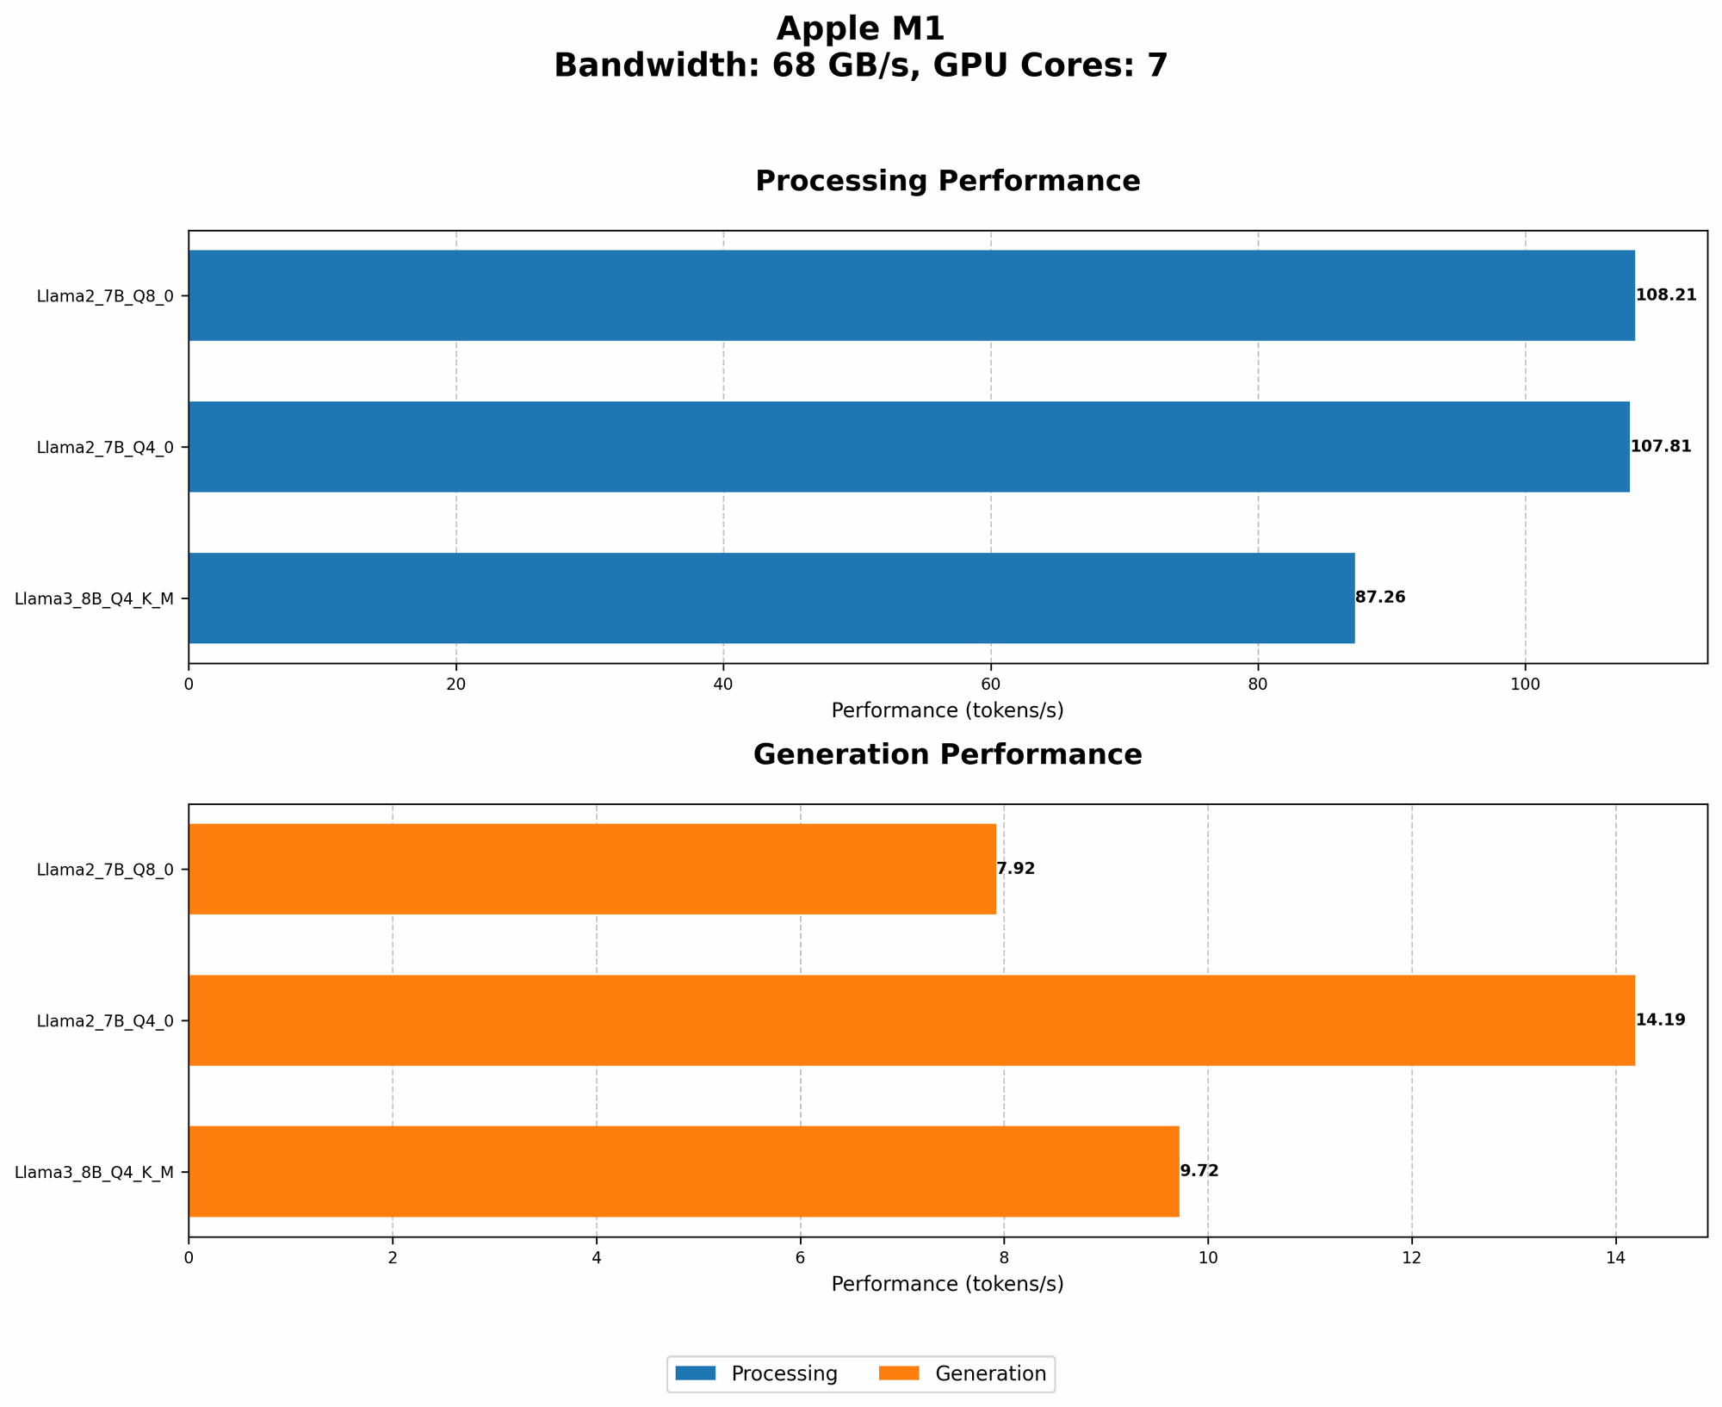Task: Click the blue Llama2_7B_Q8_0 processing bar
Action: (911, 295)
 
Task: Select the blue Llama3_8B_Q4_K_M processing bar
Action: (771, 598)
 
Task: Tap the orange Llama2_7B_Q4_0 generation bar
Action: (911, 1020)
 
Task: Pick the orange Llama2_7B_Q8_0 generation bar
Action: (592, 869)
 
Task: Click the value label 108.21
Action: (1666, 295)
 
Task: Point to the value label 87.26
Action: (1380, 598)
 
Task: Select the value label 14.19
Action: (1660, 1020)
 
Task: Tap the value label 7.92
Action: (1016, 869)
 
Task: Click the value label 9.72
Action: (1199, 1171)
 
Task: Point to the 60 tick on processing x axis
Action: (991, 685)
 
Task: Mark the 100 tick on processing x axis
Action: (1526, 685)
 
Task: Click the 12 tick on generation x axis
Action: (1411, 1258)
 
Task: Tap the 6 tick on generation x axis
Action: (800, 1258)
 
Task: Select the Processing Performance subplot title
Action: (947, 182)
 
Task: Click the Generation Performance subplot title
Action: (947, 755)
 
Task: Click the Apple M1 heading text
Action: (860, 29)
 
